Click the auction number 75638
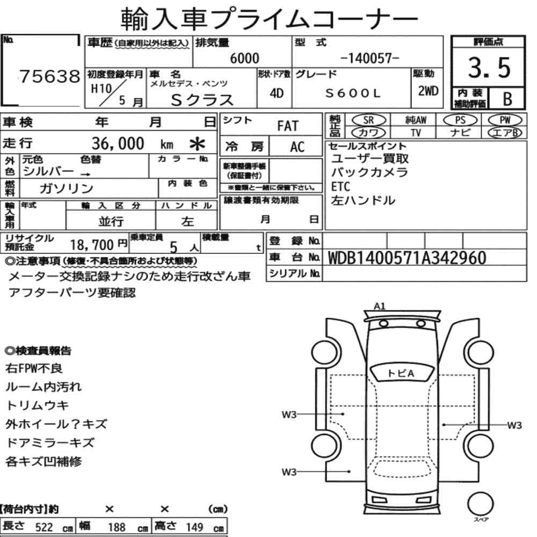(49, 76)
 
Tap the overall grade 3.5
(489, 68)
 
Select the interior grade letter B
(507, 99)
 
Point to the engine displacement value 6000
(244, 58)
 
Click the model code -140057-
(370, 58)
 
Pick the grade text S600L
(353, 93)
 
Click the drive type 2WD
(428, 91)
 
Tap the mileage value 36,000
(118, 143)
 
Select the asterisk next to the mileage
(197, 144)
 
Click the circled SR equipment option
(369, 120)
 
